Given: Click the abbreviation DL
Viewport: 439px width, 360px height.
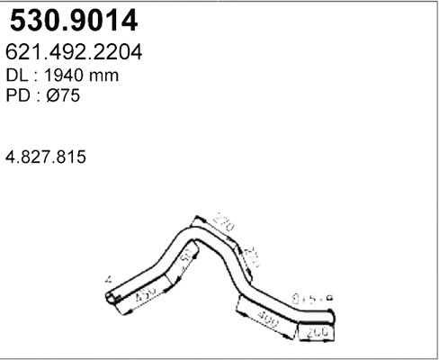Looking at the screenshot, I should (18, 76).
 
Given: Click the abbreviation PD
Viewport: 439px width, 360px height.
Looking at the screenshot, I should (19, 98).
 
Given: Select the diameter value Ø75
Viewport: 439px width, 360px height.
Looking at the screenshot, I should (67, 98).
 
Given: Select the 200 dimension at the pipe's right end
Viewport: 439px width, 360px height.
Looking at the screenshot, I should (316, 334).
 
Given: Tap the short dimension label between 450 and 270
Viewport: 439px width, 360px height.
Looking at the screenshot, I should (185, 265).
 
